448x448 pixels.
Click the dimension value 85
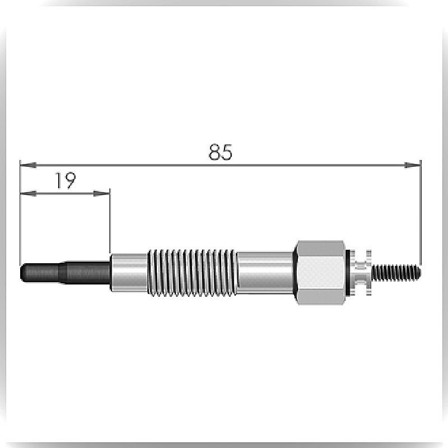(x=220, y=152)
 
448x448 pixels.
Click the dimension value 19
(x=66, y=180)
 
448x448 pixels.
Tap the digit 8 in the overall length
(x=214, y=152)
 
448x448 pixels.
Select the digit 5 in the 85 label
(x=227, y=152)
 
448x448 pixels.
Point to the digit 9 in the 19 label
(x=70, y=180)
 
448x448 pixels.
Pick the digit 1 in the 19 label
(x=58, y=180)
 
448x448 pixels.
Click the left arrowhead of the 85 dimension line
(x=28, y=165)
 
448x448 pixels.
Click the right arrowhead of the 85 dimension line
(x=413, y=165)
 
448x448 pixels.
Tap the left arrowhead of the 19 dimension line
(x=28, y=193)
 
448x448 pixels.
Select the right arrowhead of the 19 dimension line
(x=101, y=193)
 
